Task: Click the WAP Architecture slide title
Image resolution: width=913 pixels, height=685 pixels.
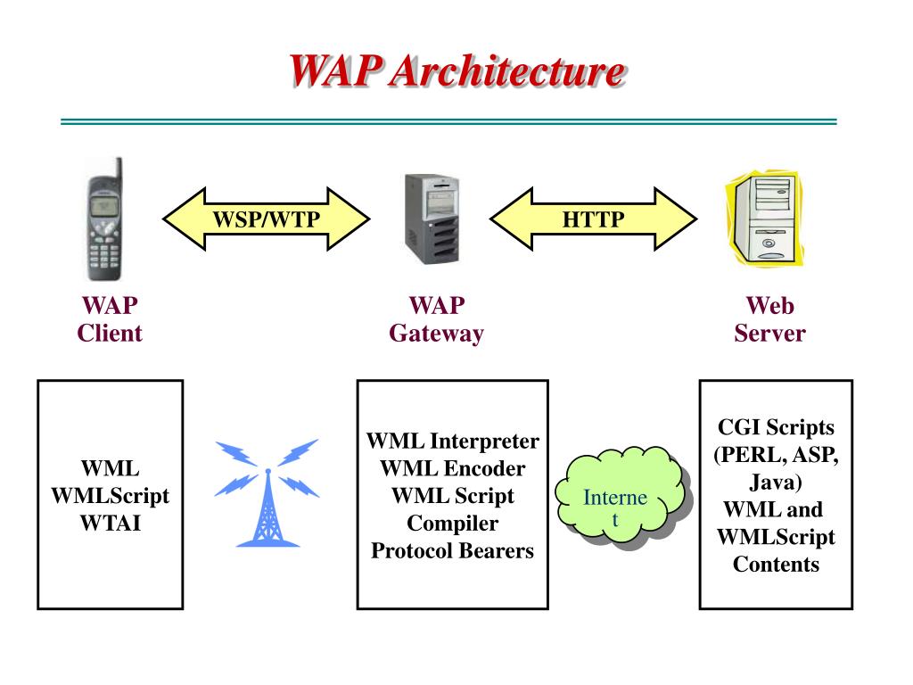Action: point(457,71)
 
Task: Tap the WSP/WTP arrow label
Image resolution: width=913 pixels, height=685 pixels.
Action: point(266,219)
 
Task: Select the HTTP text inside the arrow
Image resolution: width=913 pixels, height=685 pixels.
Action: point(593,219)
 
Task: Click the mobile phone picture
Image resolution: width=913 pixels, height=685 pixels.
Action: point(104,219)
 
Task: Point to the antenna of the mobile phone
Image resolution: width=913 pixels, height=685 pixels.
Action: point(119,169)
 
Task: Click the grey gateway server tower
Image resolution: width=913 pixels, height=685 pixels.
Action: point(432,219)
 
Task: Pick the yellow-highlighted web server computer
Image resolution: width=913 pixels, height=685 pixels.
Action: point(765,219)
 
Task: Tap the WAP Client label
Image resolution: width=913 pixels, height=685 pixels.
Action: point(110,319)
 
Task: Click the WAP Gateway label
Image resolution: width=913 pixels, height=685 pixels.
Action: point(436,320)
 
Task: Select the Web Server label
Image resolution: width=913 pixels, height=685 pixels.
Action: point(769,320)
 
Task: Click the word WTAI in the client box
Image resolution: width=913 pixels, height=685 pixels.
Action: point(110,523)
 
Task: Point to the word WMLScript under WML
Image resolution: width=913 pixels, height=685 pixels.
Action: point(110,496)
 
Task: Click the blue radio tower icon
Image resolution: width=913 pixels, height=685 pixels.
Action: point(267,493)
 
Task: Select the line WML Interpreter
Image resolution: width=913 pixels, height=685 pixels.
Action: point(452,442)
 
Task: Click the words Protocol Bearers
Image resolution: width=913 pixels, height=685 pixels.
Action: point(452,551)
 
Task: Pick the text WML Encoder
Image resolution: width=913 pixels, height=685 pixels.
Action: point(452,468)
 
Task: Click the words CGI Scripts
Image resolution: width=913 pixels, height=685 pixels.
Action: point(776,427)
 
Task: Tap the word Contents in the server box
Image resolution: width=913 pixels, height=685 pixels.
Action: point(776,565)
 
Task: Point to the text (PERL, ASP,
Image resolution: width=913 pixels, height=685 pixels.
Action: point(776,455)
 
